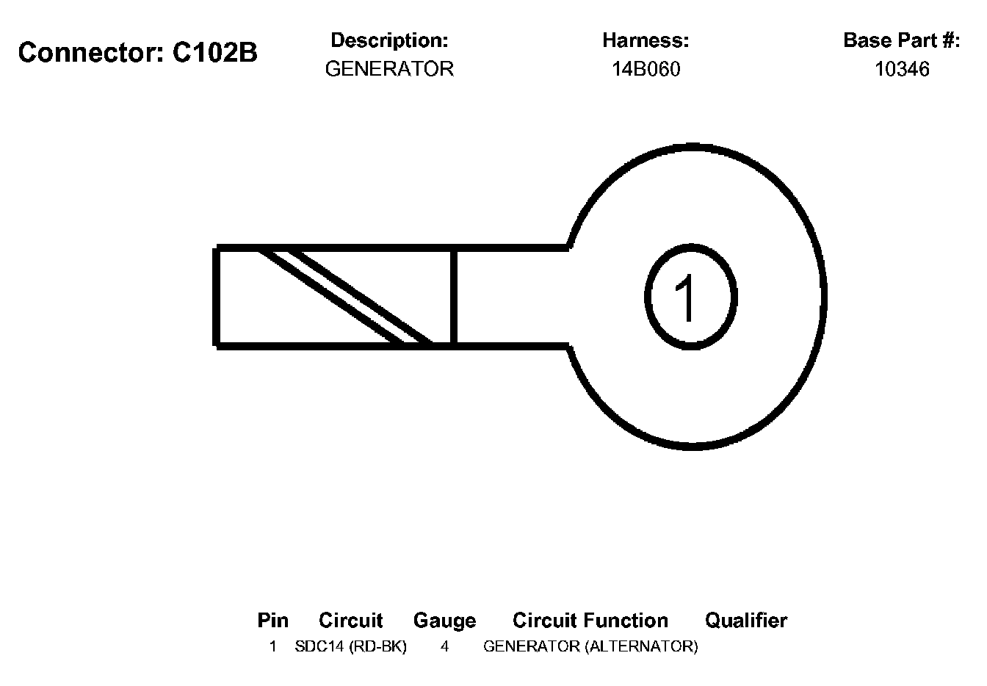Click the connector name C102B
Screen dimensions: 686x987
(x=215, y=53)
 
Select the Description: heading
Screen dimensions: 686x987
(x=389, y=40)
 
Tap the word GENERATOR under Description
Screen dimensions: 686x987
(x=389, y=69)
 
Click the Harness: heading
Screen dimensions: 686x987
(x=646, y=40)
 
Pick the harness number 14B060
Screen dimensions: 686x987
(x=646, y=69)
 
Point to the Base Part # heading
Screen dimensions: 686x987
(x=901, y=40)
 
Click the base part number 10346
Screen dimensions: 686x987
(x=902, y=69)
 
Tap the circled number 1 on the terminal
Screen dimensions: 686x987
(x=689, y=297)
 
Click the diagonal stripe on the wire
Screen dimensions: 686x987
(x=345, y=297)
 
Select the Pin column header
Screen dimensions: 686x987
(x=272, y=621)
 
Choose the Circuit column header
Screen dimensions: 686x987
(x=350, y=621)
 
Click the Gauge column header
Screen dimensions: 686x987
(x=444, y=621)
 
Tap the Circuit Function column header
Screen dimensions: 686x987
(x=590, y=621)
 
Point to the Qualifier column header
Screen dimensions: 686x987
(x=745, y=621)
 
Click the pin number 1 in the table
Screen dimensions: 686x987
(x=272, y=647)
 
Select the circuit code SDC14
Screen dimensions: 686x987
(x=319, y=647)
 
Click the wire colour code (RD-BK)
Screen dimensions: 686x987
(x=378, y=647)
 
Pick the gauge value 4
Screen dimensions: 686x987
(x=444, y=647)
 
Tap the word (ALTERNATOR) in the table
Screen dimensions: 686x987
(x=641, y=647)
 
